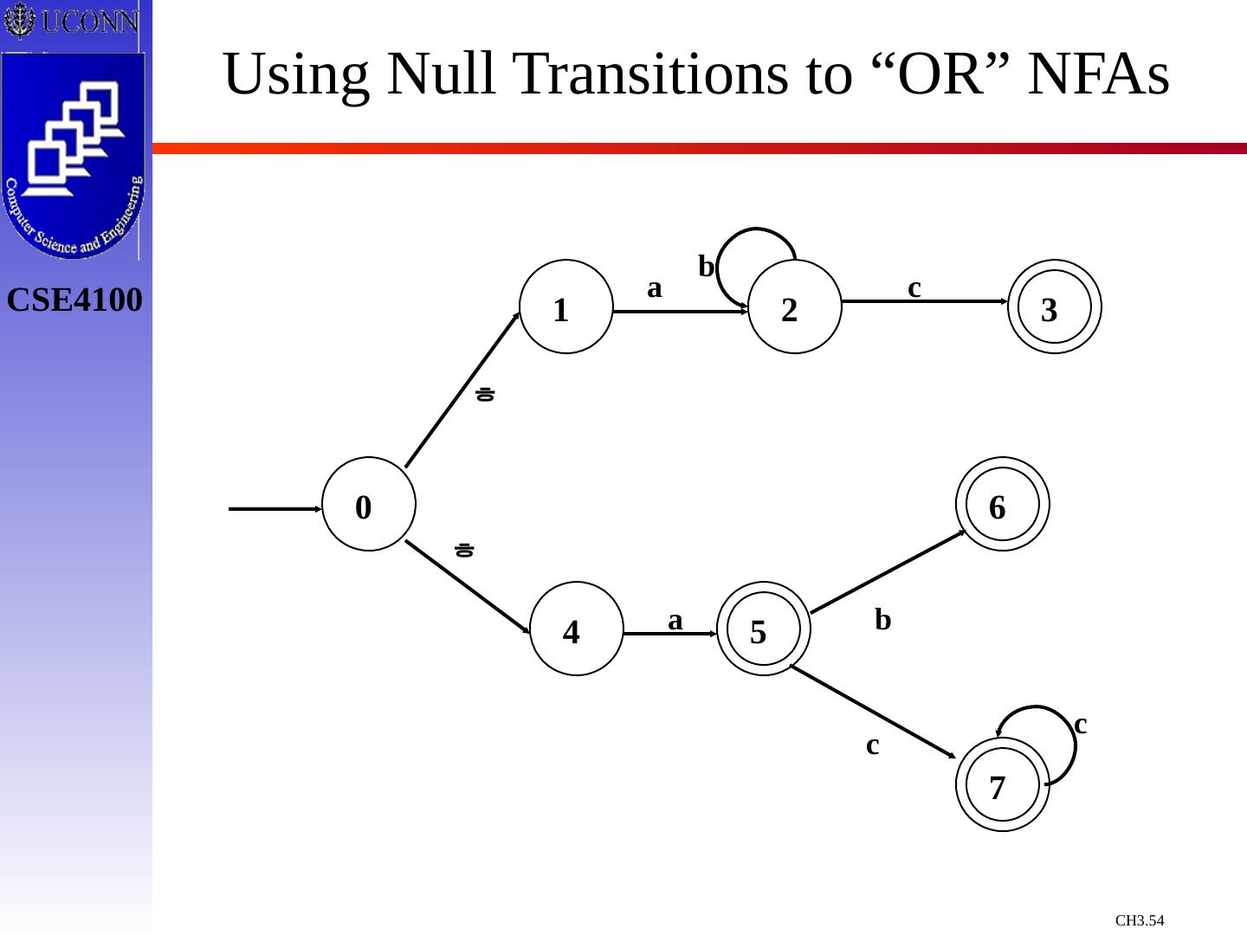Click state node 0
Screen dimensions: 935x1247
[369, 504]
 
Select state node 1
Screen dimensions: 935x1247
[566, 306]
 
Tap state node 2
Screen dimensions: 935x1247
[795, 306]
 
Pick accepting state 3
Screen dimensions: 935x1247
[1055, 306]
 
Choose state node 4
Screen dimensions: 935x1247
[577, 629]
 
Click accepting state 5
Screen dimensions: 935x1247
[764, 629]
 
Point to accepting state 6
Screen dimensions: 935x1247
[1003, 504]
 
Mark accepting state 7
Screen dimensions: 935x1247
[1003, 784]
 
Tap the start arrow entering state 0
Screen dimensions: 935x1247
[274, 509]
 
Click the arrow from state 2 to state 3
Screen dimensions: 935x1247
[925, 301]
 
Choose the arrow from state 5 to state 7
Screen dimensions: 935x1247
[873, 712]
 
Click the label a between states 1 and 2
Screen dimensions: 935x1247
[655, 287]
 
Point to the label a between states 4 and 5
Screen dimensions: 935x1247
[675, 620]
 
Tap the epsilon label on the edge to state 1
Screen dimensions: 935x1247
[486, 394]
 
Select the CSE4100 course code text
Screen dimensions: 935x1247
[74, 300]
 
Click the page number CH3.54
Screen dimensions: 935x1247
[1140, 920]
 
